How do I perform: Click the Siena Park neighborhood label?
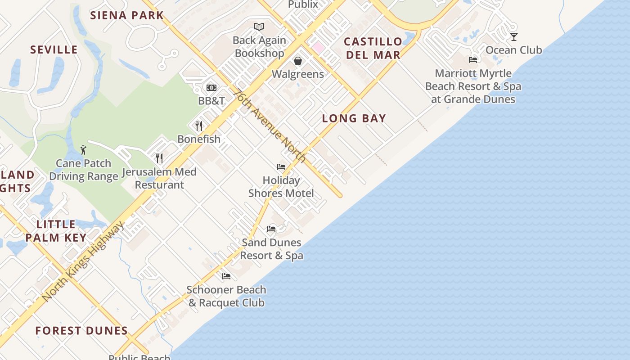[127, 15]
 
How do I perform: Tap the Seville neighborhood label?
[54, 49]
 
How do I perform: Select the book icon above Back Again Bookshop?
[259, 27]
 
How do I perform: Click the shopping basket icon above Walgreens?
[298, 61]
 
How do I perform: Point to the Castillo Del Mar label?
[373, 48]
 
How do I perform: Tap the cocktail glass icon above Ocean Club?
[513, 36]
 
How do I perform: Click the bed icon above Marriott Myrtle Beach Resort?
[473, 59]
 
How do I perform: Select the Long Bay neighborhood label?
[354, 118]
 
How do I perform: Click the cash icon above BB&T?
[211, 88]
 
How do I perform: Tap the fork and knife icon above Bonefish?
[199, 126]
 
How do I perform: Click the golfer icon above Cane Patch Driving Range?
[83, 150]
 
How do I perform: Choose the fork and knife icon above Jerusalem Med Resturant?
[159, 158]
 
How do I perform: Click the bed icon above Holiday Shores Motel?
[281, 167]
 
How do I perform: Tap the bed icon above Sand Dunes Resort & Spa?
[271, 229]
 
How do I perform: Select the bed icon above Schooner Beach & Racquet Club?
[226, 276]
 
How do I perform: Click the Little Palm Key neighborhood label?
[56, 231]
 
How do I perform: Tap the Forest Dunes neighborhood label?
[81, 331]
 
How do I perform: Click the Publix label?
[303, 4]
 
